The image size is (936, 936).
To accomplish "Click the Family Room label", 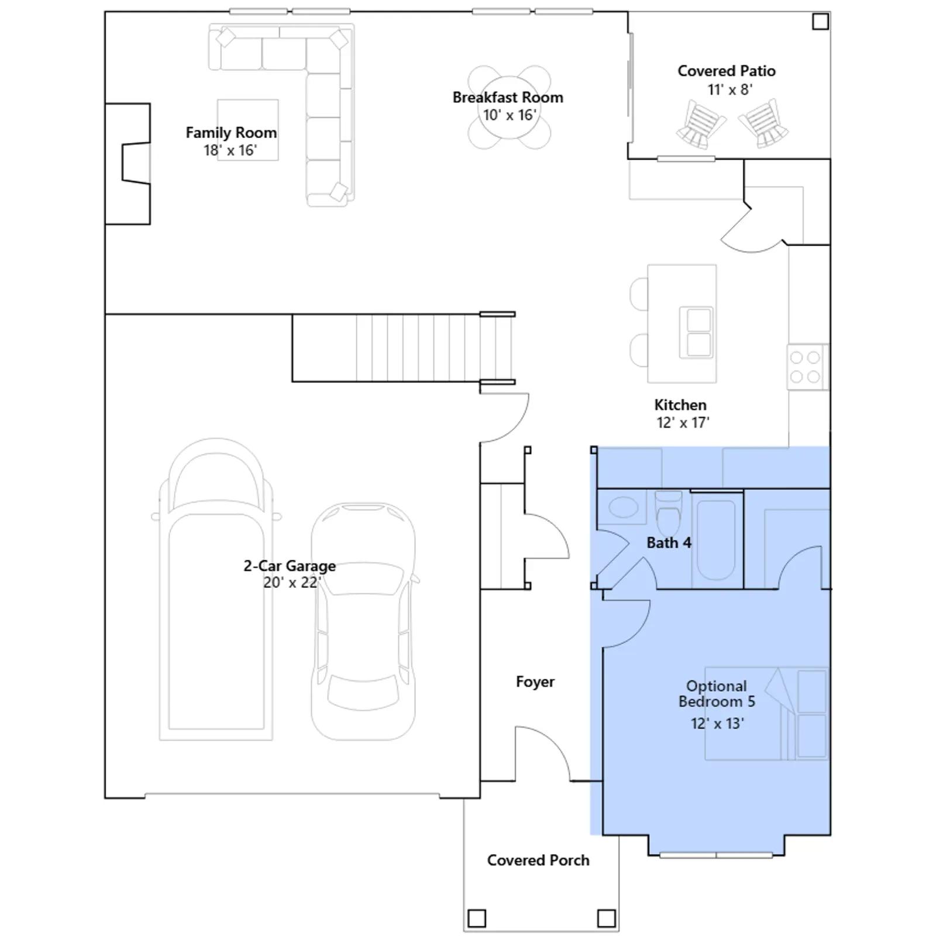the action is (x=231, y=133).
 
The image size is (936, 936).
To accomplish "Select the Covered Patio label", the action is (x=727, y=71).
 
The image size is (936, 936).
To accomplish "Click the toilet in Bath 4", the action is (x=669, y=513).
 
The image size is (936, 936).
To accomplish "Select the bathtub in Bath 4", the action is (x=716, y=539).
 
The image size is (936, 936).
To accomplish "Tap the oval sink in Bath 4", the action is (x=623, y=507).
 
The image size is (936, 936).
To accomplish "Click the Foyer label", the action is (x=535, y=682).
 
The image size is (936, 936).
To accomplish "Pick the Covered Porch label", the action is (x=538, y=860).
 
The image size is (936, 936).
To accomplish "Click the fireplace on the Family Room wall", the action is (x=128, y=164).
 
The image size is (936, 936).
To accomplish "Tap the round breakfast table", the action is (x=510, y=108).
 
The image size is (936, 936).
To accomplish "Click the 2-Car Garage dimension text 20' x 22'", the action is (x=292, y=583).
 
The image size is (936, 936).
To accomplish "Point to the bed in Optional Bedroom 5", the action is (x=766, y=713).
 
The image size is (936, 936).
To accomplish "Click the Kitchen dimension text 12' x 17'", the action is (x=683, y=422).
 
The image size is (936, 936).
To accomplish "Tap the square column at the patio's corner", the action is (x=821, y=22).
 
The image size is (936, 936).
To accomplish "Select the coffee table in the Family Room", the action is (x=247, y=129).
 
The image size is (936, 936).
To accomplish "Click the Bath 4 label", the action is (x=669, y=543).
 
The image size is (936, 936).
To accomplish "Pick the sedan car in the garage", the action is (x=363, y=621).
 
